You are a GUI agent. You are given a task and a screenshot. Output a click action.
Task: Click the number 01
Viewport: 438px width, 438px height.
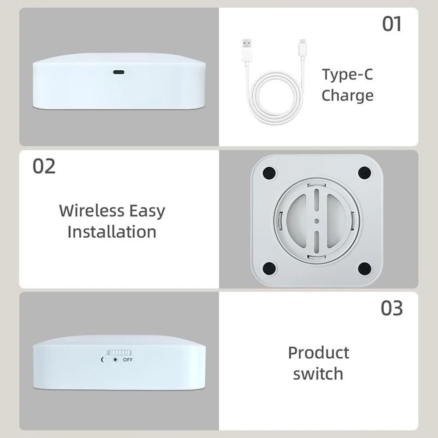click(x=392, y=24)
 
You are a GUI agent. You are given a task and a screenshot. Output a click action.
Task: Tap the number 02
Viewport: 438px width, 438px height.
click(x=44, y=166)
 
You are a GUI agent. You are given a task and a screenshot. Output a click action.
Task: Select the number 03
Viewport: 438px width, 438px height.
click(x=391, y=308)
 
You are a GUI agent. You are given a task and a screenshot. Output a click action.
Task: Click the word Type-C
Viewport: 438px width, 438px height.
click(x=347, y=74)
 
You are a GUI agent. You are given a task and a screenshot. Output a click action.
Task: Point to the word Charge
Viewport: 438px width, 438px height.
click(x=347, y=95)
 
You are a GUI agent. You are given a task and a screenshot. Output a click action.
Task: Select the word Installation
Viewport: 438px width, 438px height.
click(x=112, y=232)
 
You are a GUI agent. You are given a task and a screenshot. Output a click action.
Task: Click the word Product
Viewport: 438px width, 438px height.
click(x=318, y=353)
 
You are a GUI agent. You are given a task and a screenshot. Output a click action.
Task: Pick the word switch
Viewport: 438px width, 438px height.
click(x=318, y=374)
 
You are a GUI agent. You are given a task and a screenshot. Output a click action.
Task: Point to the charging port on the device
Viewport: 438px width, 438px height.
click(x=119, y=72)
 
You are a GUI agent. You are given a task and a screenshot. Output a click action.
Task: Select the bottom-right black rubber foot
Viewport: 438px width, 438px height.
click(x=364, y=268)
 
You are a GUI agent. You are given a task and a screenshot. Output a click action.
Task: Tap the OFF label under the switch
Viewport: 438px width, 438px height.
click(x=127, y=360)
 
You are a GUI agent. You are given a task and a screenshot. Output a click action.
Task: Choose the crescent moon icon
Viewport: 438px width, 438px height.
click(x=103, y=360)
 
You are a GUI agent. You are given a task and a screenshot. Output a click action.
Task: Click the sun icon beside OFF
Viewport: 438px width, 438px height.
click(x=115, y=360)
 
